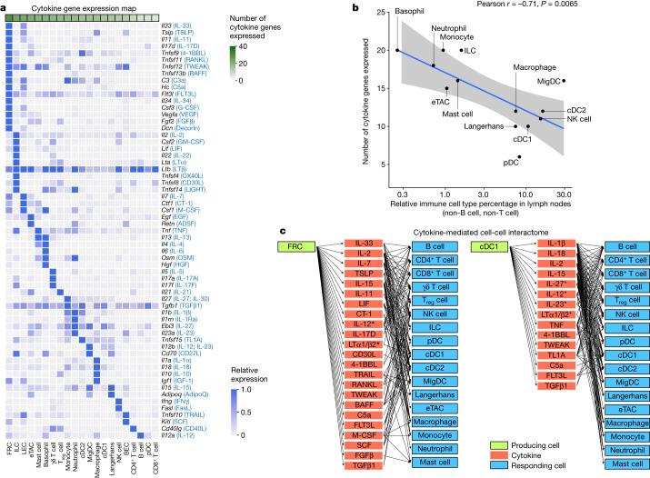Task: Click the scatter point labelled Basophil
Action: click(x=397, y=50)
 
